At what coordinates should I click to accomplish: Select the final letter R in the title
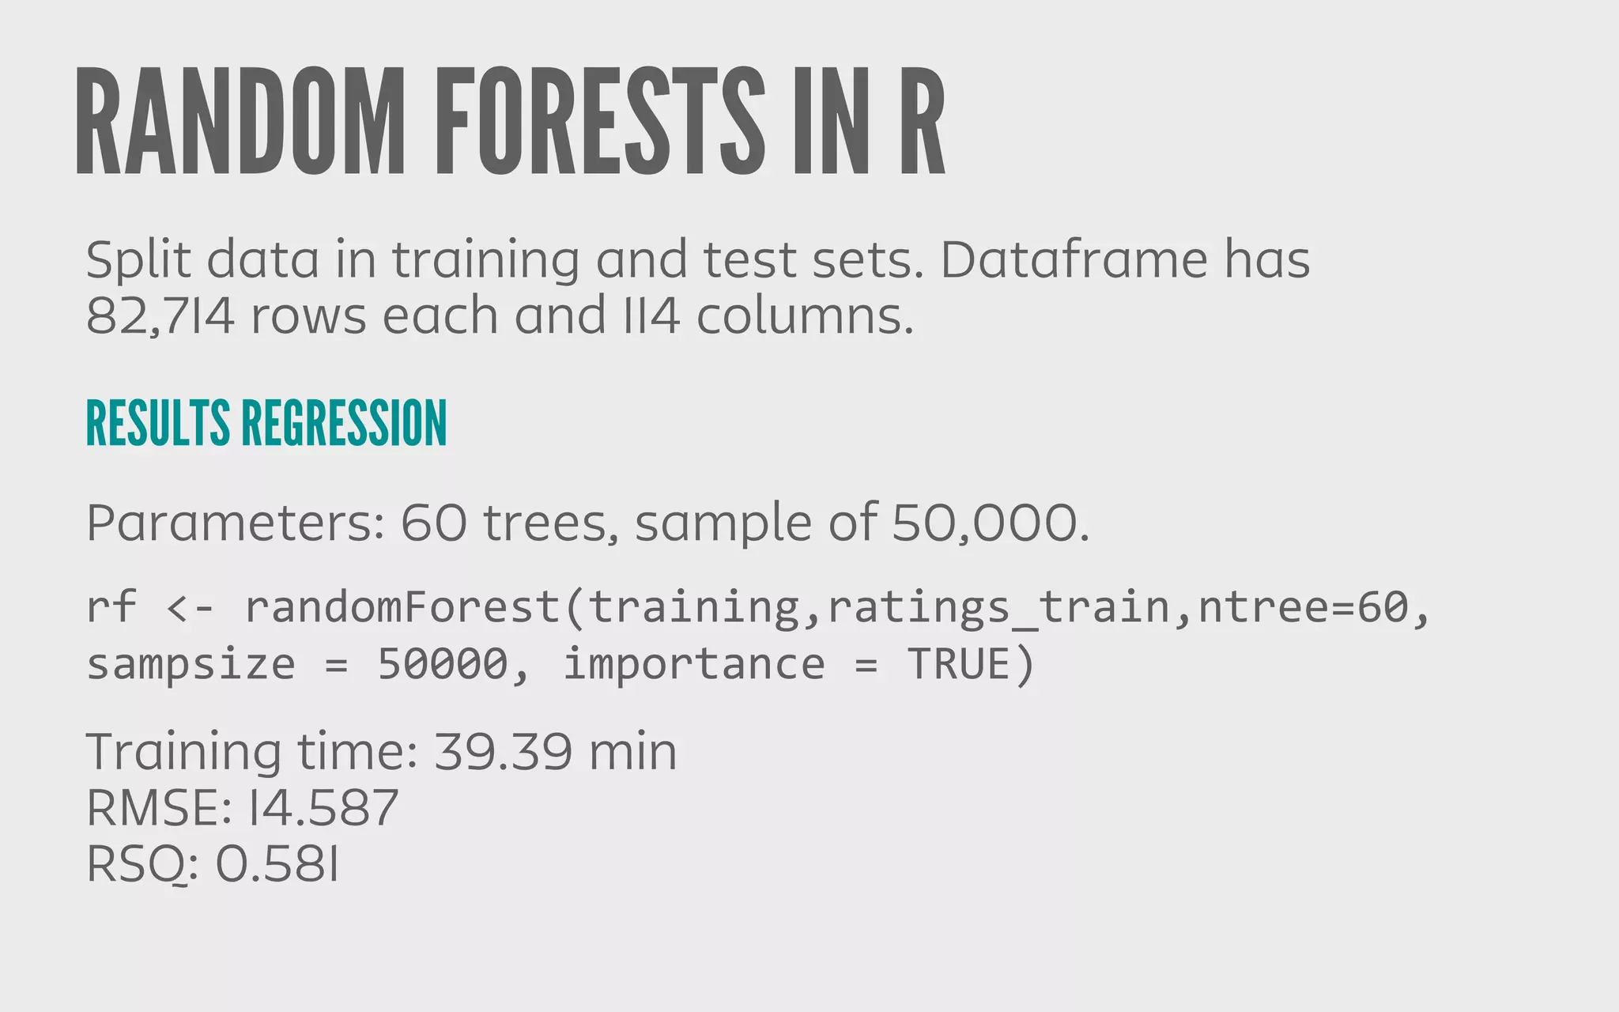click(x=922, y=120)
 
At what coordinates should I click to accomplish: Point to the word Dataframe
click(x=1074, y=259)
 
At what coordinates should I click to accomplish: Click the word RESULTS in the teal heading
click(x=158, y=424)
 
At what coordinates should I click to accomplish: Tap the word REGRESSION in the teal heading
click(x=345, y=424)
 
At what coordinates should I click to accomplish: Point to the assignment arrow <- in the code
click(x=190, y=607)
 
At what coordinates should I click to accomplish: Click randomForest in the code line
click(x=402, y=607)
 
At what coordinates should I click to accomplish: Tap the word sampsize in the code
click(x=191, y=664)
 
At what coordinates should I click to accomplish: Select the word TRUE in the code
click(x=959, y=664)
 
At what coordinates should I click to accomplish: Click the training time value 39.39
click(x=503, y=751)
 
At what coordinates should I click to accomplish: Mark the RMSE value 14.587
click(x=323, y=808)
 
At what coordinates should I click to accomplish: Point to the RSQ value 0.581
click(x=277, y=865)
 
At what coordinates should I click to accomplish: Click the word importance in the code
click(x=693, y=664)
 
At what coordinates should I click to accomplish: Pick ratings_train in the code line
click(x=998, y=607)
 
